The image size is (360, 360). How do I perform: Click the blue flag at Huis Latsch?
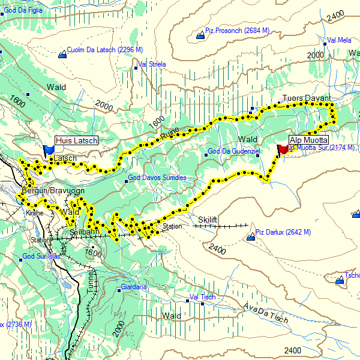(x=49, y=148)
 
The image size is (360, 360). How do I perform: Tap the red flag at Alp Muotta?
(x=283, y=149)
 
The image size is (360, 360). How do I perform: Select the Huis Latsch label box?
(x=76, y=140)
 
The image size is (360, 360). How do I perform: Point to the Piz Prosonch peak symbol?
(x=200, y=36)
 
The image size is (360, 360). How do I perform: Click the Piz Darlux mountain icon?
(x=250, y=238)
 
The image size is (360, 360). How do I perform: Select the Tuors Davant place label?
(x=307, y=98)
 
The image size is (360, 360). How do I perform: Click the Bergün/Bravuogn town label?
(x=46, y=191)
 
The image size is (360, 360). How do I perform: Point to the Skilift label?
(x=207, y=221)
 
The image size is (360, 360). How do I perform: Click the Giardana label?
(x=134, y=287)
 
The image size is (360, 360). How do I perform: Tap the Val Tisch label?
(x=202, y=298)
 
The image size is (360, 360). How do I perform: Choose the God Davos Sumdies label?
(x=157, y=178)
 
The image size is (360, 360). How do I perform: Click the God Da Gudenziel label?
(x=233, y=151)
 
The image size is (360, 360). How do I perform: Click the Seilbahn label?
(x=83, y=232)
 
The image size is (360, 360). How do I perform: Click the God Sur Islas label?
(x=41, y=257)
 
